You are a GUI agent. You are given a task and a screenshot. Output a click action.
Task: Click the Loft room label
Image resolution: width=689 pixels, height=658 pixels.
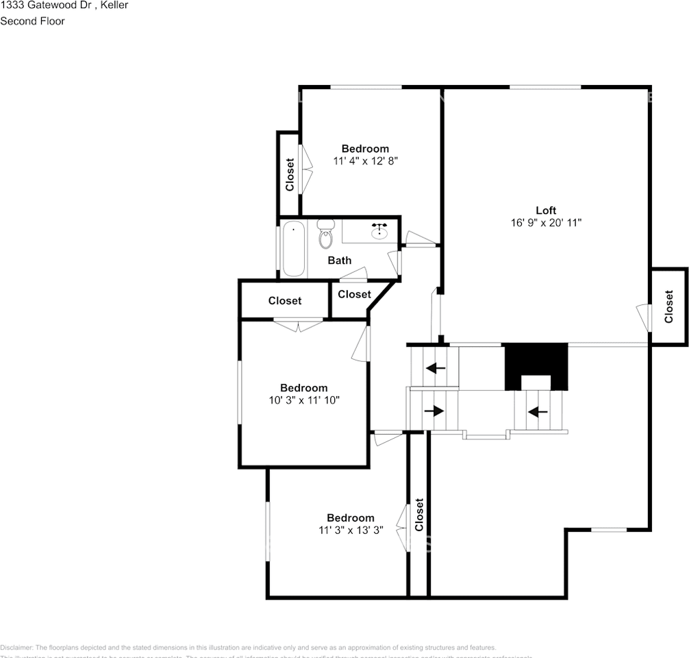tap(546, 210)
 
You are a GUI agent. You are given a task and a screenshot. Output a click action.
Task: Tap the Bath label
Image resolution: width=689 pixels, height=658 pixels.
tap(339, 260)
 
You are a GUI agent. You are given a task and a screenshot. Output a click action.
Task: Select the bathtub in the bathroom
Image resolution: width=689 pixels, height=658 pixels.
tap(293, 248)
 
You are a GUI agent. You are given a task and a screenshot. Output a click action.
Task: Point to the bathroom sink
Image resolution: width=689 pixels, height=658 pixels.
tap(379, 231)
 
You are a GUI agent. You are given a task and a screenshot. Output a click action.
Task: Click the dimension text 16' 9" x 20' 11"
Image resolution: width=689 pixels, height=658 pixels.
tap(546, 223)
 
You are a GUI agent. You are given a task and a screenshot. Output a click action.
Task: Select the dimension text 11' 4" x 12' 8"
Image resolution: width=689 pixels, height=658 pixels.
tap(365, 161)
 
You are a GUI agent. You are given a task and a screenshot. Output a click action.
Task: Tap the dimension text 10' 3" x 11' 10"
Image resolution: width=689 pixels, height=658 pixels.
tap(303, 400)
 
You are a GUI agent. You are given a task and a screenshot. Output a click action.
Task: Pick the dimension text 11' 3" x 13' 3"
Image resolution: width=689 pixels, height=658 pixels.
tap(350, 530)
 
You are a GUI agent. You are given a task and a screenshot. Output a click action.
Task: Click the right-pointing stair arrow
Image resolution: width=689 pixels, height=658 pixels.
tap(434, 411)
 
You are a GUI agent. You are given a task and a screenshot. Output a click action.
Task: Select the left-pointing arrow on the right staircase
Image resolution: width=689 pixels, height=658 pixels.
tap(537, 412)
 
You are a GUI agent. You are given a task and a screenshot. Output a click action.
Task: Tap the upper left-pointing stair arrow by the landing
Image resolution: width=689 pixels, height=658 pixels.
tap(435, 368)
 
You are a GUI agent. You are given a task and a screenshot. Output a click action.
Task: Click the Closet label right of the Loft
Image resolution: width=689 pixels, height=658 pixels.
tap(669, 306)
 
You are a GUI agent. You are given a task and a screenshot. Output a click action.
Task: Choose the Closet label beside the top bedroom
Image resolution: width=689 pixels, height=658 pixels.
tap(289, 175)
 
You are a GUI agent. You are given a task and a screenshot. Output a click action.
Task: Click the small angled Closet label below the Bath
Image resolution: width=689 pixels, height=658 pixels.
tap(354, 294)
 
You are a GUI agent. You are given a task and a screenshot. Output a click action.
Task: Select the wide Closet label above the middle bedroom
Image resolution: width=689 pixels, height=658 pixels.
tap(284, 301)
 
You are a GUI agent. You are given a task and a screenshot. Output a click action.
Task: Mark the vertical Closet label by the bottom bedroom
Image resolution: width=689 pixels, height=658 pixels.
tap(419, 515)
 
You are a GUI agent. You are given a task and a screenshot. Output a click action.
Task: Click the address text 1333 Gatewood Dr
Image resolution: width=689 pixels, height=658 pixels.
tap(45, 5)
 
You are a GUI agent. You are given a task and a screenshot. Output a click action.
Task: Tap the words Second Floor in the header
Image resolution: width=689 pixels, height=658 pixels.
tap(32, 21)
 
